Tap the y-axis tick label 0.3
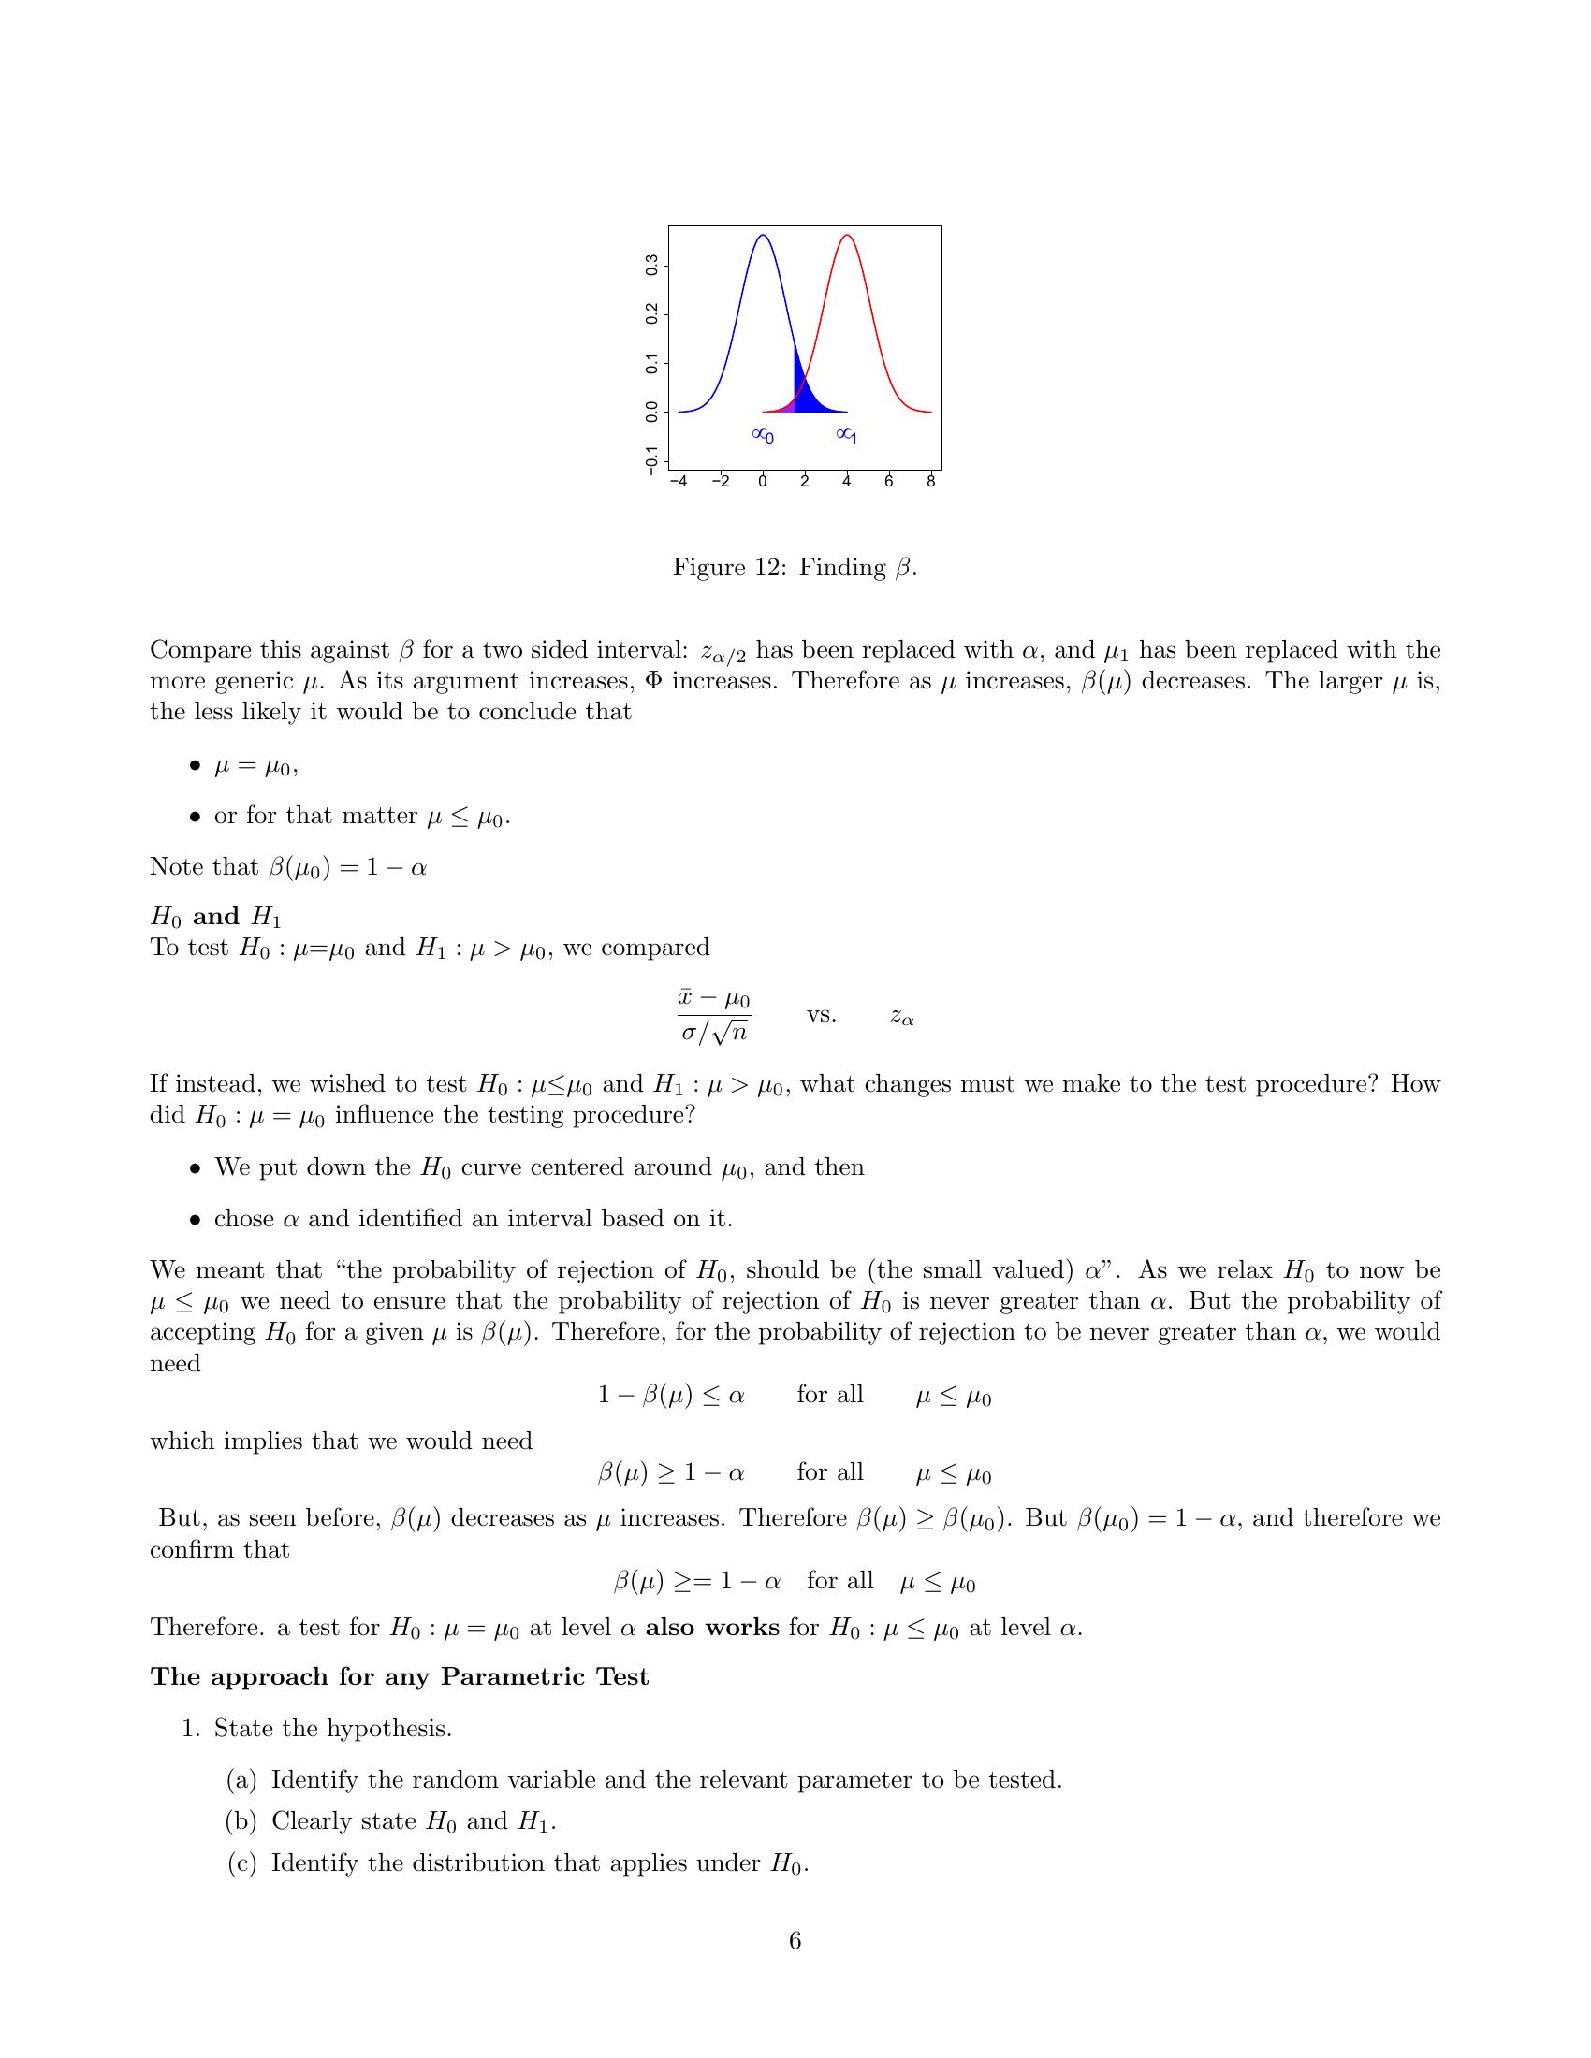[x=651, y=266]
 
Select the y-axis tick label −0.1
[x=651, y=461]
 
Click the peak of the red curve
[x=846, y=236]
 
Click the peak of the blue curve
[x=763, y=236]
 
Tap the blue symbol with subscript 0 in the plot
[x=763, y=435]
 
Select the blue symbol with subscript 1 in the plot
[x=846, y=435]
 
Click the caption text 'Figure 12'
[x=730, y=567]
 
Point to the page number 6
[x=795, y=1941]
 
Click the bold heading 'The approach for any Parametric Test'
[x=400, y=1676]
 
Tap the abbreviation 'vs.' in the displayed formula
[x=821, y=1015]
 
